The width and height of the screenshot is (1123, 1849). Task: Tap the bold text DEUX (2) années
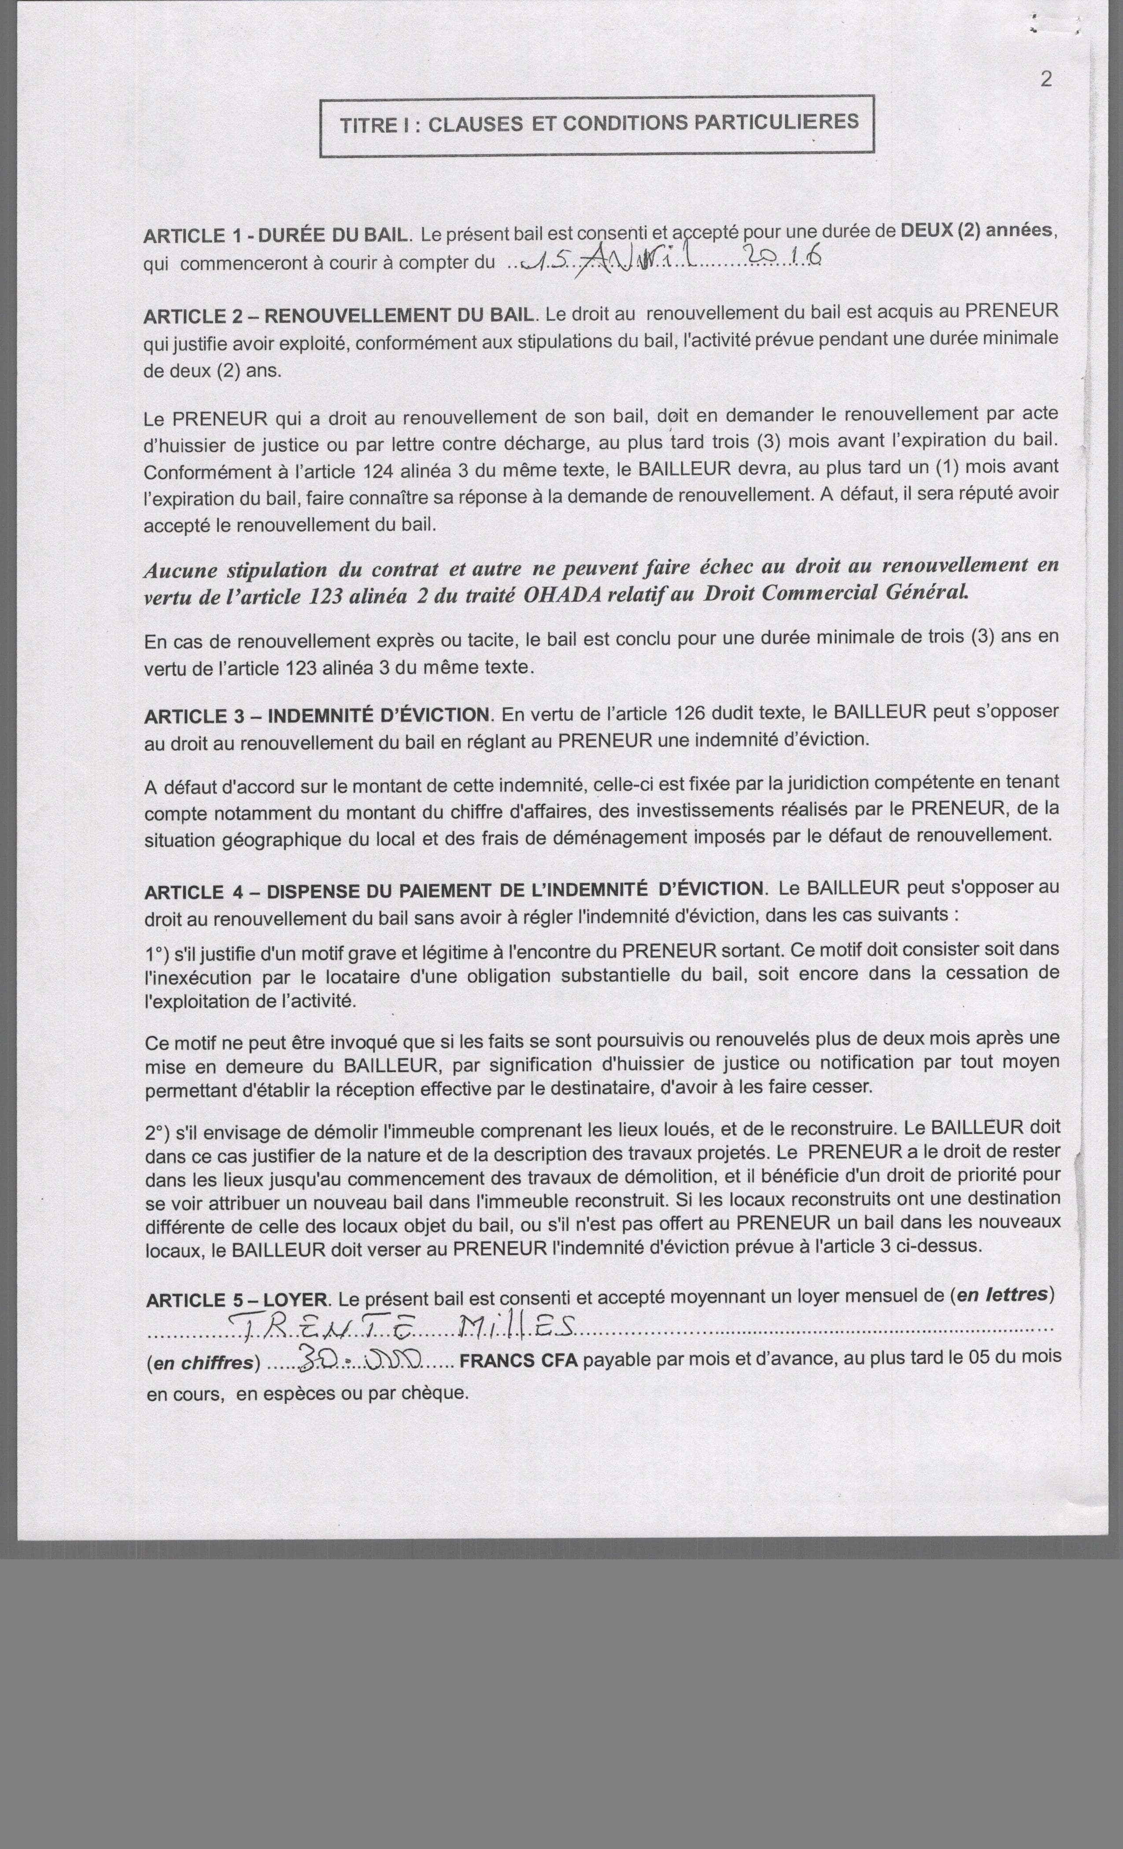977,230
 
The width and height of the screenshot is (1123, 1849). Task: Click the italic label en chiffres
203,1362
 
